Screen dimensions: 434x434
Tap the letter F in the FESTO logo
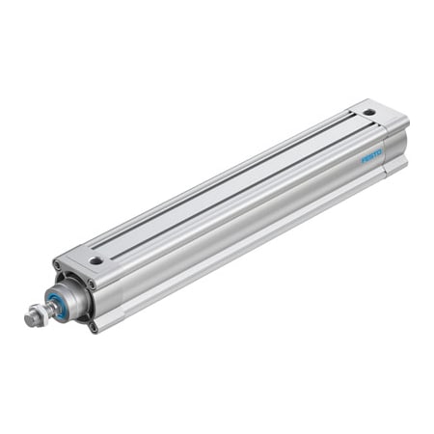(x=365, y=159)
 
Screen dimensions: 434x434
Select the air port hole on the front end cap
(x=95, y=260)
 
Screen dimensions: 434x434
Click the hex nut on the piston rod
(x=38, y=313)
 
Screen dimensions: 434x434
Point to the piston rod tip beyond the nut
(x=29, y=318)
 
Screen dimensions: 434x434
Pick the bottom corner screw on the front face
(x=94, y=326)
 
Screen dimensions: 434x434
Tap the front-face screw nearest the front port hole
(x=91, y=284)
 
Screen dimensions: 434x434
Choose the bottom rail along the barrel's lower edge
(x=241, y=265)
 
